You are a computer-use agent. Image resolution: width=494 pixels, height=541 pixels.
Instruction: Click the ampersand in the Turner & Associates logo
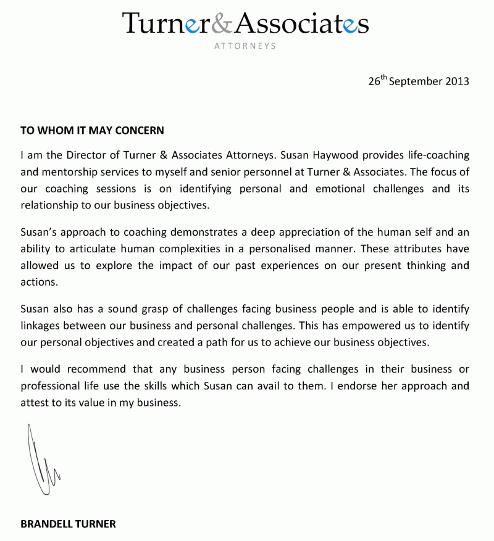[x=222, y=23]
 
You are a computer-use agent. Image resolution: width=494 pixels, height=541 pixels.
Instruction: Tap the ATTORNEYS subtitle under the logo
[x=245, y=46]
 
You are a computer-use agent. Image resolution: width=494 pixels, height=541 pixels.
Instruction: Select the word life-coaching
[x=438, y=154]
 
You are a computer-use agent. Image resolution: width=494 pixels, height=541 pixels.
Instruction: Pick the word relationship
[x=49, y=205]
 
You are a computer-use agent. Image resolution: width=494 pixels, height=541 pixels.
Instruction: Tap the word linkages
[x=41, y=325]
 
